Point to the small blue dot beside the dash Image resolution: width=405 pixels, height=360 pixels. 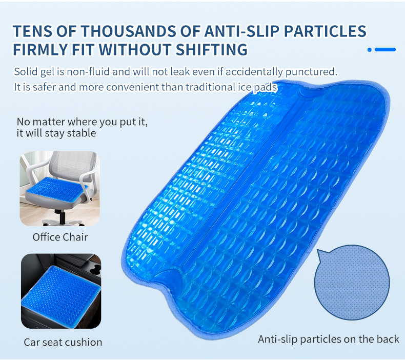pos(370,50)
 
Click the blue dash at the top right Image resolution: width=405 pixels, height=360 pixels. pos(386,50)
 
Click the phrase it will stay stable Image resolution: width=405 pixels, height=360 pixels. pos(56,133)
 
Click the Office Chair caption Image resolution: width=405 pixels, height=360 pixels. pos(60,237)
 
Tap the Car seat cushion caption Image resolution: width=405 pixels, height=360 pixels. pos(63,342)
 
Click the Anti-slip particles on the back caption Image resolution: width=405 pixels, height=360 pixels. pos(328,339)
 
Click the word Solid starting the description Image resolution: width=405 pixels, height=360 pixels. pos(26,70)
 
